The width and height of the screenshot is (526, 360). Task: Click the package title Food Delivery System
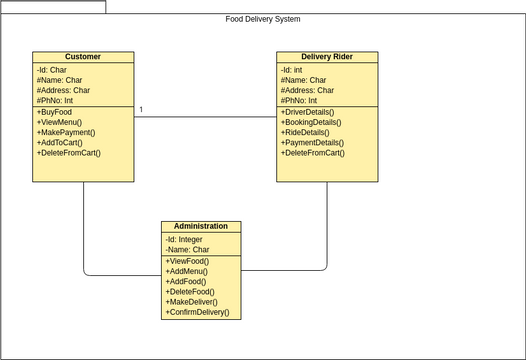click(x=263, y=19)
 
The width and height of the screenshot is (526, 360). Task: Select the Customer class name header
click(x=82, y=57)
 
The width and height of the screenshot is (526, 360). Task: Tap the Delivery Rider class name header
click(x=327, y=57)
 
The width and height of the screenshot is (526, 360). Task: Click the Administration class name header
click(x=201, y=226)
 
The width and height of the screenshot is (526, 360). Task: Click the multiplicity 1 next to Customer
click(x=141, y=109)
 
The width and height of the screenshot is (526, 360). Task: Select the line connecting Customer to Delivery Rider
click(x=205, y=117)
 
